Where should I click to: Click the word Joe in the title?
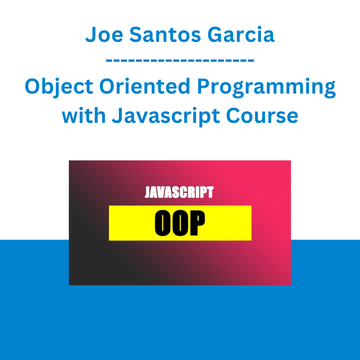click(x=104, y=35)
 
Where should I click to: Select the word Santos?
click(x=165, y=35)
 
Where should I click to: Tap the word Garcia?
click(x=241, y=35)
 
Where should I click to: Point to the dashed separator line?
click(x=180, y=60)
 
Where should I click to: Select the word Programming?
click(x=266, y=88)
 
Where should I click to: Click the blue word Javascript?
click(x=166, y=117)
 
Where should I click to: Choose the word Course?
click(x=262, y=116)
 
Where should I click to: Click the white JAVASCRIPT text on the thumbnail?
click(x=179, y=192)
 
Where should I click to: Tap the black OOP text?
click(x=180, y=223)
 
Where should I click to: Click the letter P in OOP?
click(x=197, y=223)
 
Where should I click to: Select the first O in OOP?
click(x=162, y=223)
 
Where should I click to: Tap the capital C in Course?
click(x=234, y=116)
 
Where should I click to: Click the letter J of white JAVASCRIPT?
click(x=148, y=192)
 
